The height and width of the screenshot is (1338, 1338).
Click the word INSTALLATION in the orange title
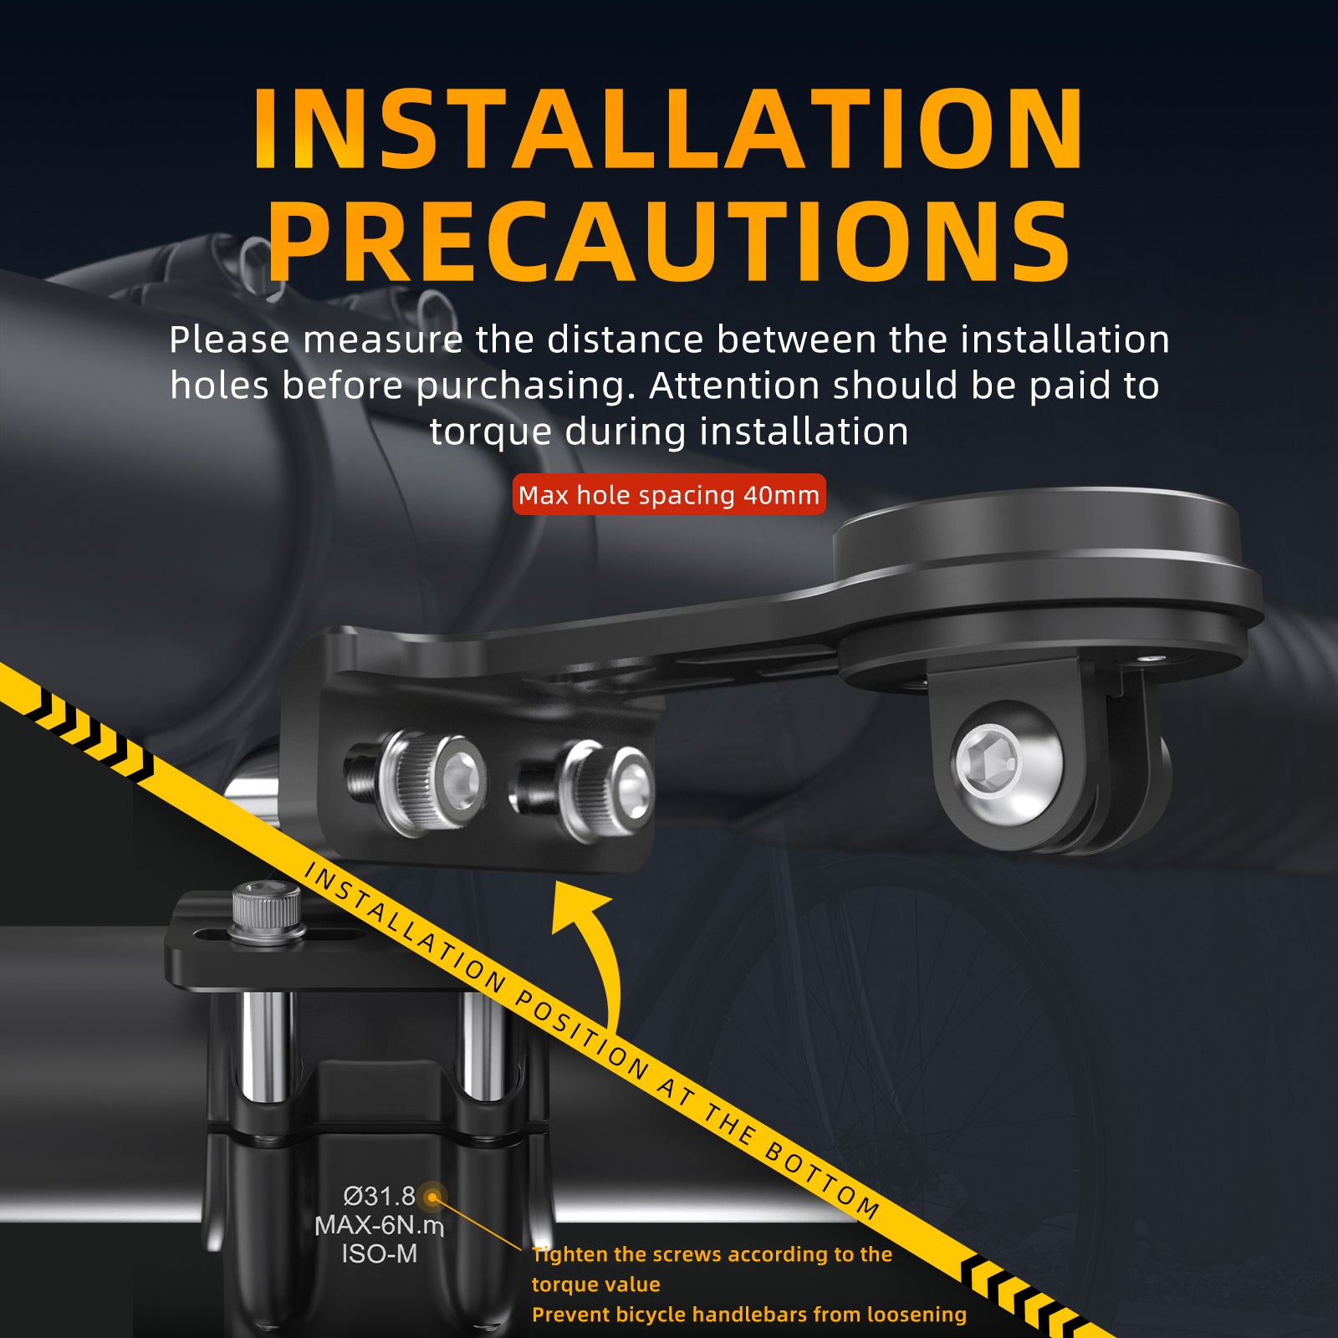tap(668, 128)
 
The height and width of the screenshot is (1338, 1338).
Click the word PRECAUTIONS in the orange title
tap(669, 242)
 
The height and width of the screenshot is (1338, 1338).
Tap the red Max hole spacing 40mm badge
tap(669, 494)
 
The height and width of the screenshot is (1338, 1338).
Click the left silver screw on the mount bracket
tap(432, 783)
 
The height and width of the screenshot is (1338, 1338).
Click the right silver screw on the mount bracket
tap(607, 790)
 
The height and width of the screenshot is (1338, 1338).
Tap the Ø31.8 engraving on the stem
tap(379, 1196)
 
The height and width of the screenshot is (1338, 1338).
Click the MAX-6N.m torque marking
tap(379, 1225)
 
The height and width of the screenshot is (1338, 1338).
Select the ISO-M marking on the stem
tap(379, 1254)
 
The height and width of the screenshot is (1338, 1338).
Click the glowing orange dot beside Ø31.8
tap(432, 1198)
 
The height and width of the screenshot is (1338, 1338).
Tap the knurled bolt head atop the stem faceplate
tap(266, 910)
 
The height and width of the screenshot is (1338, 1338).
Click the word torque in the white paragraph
tap(491, 432)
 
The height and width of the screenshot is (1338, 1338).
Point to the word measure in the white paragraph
tap(382, 340)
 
